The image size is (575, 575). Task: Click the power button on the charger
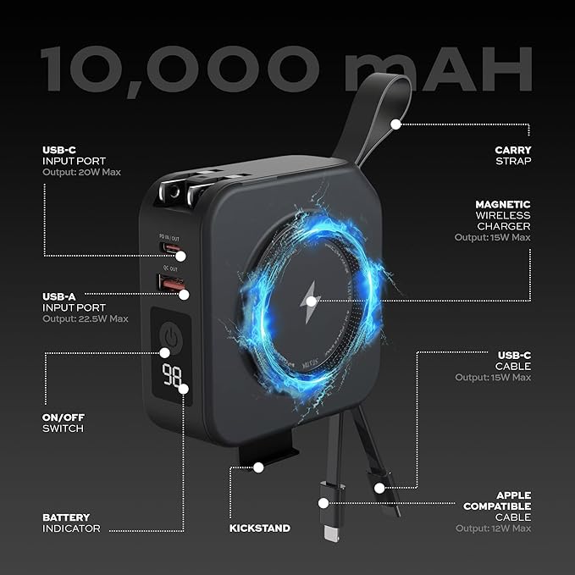coord(171,338)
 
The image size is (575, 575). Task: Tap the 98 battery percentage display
coord(172,374)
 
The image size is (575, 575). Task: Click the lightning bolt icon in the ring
coord(310,302)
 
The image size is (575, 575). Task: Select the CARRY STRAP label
coord(513,156)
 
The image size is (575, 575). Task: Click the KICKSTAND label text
coord(260,528)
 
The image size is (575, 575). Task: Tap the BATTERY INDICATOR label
coord(71,523)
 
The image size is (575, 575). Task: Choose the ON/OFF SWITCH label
coord(63,423)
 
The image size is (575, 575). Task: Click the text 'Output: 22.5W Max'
coord(85,318)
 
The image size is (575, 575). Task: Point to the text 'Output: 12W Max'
coord(493,528)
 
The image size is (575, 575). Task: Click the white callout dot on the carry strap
coord(395,124)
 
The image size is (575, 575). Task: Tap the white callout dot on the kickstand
coord(258,467)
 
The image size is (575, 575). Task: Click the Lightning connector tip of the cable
coord(331,534)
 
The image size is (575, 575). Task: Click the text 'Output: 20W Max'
coord(81,172)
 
